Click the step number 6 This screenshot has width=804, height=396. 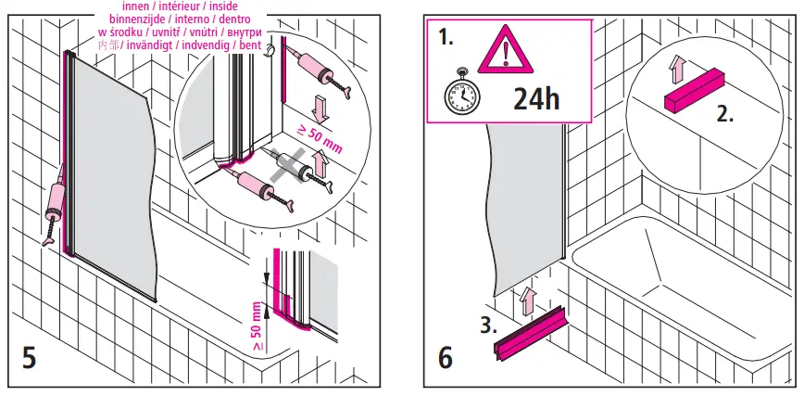tap(446, 358)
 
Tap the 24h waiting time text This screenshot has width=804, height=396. tap(537, 98)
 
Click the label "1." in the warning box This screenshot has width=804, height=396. tap(447, 39)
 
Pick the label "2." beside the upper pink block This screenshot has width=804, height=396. tap(725, 116)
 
